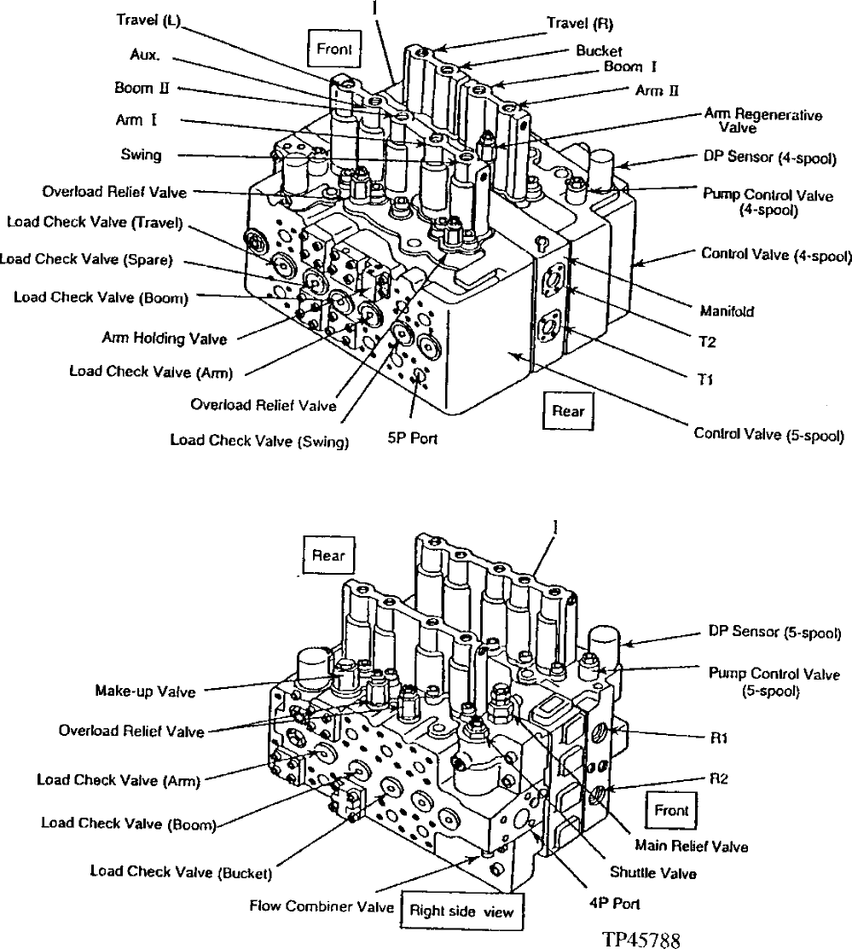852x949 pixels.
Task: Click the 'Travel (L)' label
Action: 146,20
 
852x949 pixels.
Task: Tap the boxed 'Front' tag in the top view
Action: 333,49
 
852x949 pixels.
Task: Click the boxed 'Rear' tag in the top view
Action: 568,411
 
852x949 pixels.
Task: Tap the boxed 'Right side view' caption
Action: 461,911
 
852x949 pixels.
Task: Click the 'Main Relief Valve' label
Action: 692,847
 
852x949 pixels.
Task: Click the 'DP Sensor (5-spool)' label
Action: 775,633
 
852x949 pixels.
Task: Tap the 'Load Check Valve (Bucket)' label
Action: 181,871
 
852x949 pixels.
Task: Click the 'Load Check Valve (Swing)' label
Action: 259,441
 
